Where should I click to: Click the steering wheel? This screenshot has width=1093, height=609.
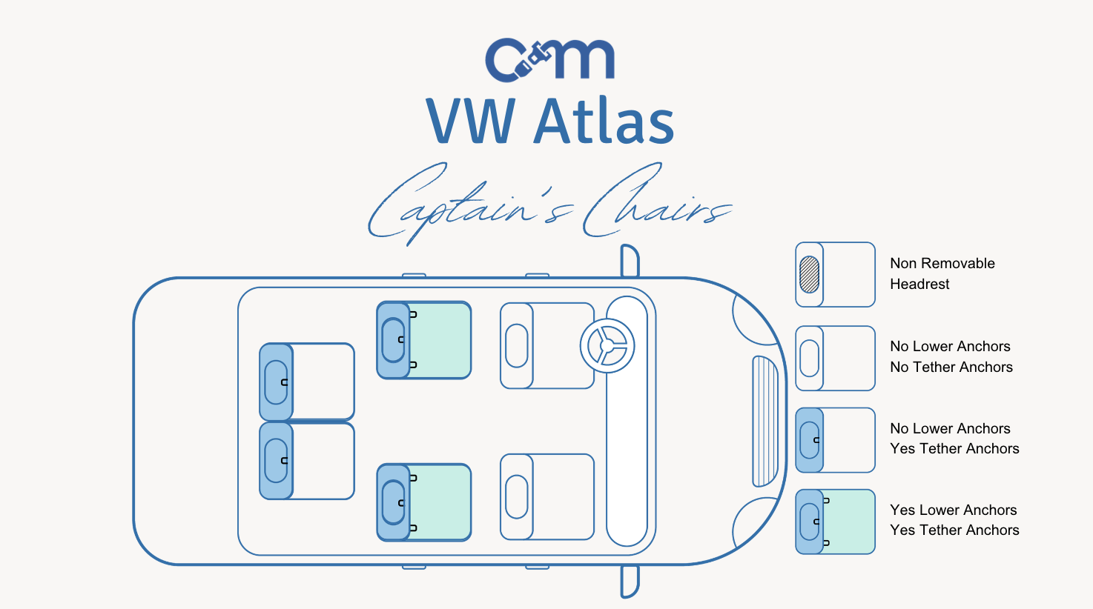(607, 345)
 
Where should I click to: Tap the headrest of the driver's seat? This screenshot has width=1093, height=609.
(516, 345)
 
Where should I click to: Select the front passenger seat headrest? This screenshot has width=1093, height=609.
(516, 496)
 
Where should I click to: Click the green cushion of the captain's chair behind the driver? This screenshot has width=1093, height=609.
(440, 340)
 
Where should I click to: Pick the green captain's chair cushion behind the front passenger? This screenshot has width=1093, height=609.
(440, 502)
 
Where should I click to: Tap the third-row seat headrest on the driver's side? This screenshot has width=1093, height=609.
(276, 382)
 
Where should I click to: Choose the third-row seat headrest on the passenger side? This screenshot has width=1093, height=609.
(276, 460)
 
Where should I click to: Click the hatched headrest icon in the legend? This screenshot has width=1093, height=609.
(810, 274)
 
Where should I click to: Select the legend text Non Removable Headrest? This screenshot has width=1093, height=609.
(942, 273)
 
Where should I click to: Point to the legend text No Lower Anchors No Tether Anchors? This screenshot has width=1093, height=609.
(951, 356)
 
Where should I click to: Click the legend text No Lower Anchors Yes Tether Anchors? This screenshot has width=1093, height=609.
(954, 439)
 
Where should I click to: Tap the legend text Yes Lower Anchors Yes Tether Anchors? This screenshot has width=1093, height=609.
(954, 520)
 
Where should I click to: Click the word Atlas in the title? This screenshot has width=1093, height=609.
(604, 121)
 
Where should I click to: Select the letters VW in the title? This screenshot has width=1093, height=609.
(471, 121)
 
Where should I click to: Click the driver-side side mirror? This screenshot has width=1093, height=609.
(630, 259)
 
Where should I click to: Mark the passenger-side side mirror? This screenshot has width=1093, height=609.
(630, 581)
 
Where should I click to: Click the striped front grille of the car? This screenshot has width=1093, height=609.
(765, 421)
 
